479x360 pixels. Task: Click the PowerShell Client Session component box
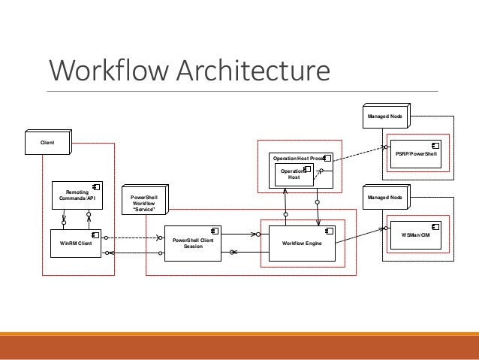192,243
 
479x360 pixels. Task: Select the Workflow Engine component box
302,243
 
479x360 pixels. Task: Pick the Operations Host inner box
294,174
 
